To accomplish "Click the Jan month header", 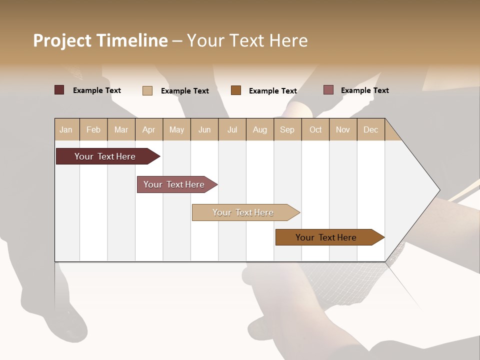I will coord(66,129).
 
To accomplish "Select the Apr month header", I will coord(149,129).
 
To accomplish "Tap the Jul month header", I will coord(232,129).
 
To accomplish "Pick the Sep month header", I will coord(287,129).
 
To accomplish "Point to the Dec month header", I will coord(370,129).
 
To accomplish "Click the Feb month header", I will coord(93,129).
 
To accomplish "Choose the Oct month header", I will coord(315,129).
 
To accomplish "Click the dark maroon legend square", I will coord(59,90).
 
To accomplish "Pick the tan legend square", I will coord(147,90).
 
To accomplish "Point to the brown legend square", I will coord(236,90).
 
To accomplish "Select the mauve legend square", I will coord(328,90).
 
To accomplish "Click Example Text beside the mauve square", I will coord(364,90).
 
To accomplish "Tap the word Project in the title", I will coord(62,40).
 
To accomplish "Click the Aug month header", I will coord(260,129).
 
